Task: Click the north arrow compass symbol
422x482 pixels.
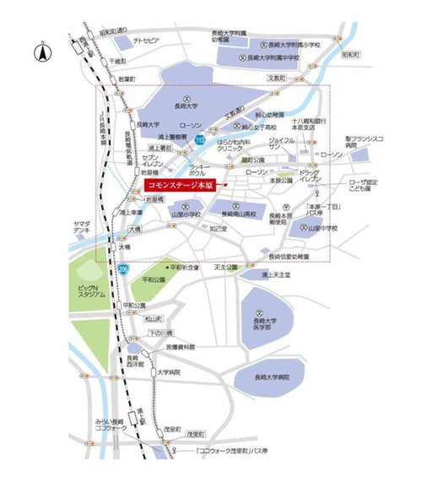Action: pos(40,52)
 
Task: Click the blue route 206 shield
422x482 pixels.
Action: pos(123,268)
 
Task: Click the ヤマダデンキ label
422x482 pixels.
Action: pos(82,226)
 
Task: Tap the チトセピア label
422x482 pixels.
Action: pos(146,41)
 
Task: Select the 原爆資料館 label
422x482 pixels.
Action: pos(181,346)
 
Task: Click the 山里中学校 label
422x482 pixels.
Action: pos(322,228)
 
